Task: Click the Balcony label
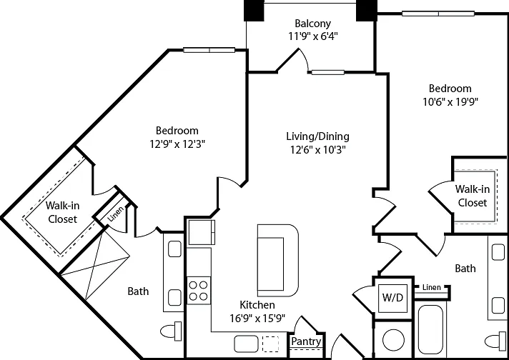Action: (x=313, y=24)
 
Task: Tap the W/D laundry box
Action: (x=392, y=298)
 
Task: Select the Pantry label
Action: (x=306, y=341)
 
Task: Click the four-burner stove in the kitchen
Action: (x=198, y=290)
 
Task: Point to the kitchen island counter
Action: (x=278, y=261)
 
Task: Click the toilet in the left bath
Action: (x=171, y=331)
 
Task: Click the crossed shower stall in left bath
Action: (x=95, y=266)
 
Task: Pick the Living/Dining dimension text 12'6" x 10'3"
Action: (x=318, y=149)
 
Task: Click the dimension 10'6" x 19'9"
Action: (x=450, y=102)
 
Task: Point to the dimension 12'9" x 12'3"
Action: (x=177, y=144)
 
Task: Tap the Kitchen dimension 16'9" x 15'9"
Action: (x=257, y=319)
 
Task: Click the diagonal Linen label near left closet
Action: (x=116, y=214)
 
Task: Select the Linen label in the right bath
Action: (x=432, y=287)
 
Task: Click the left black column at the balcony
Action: (x=254, y=11)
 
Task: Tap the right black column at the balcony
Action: (x=367, y=11)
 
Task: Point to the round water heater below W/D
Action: (x=393, y=340)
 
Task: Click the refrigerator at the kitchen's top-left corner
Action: (x=202, y=232)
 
